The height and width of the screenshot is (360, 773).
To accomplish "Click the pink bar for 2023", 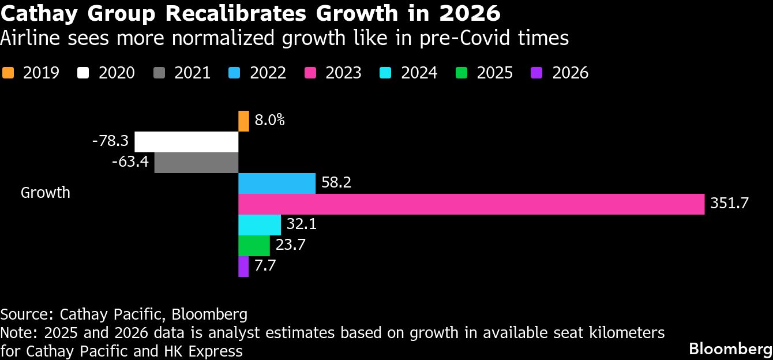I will click(471, 204).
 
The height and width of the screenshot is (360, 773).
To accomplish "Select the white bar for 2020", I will click(186, 142).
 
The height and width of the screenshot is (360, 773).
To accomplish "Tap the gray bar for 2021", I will click(196, 163).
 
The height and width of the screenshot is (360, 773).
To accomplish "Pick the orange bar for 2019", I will click(243, 121).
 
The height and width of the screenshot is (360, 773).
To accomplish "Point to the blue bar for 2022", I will click(277, 183).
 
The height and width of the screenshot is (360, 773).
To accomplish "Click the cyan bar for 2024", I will click(260, 225).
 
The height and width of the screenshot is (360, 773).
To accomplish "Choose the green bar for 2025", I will click(254, 246).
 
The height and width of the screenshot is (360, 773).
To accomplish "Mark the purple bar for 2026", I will click(243, 267).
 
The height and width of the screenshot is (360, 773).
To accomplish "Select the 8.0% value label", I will click(269, 121).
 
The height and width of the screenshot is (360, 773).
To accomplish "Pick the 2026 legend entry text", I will click(570, 73).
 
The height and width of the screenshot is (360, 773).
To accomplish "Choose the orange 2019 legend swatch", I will click(8, 73).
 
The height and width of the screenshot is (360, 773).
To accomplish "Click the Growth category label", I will click(46, 193).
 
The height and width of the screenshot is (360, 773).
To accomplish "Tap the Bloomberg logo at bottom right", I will click(730, 349).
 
